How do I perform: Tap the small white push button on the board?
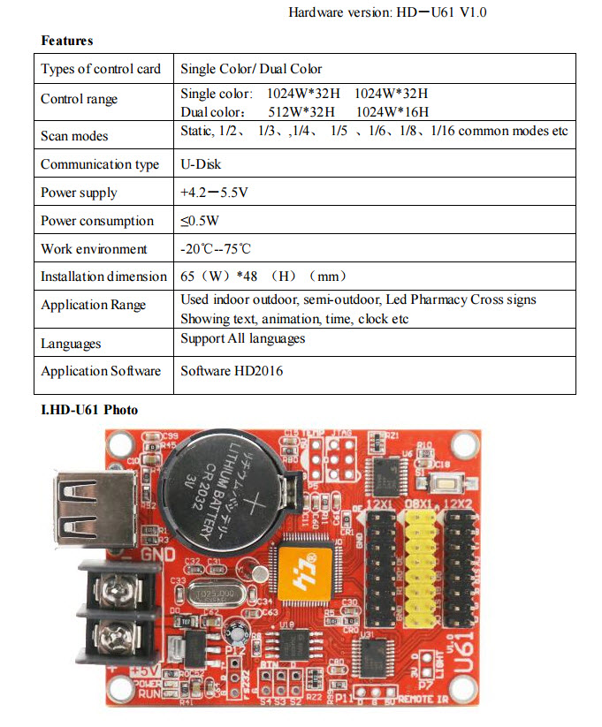click(442, 482)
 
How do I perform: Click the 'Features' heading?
click(66, 41)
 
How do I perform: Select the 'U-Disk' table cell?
click(201, 164)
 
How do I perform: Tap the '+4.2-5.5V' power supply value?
click(214, 193)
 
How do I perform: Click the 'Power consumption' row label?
click(97, 221)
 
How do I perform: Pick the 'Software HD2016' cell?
click(232, 371)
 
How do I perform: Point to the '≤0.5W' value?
click(200, 221)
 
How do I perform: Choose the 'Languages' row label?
click(71, 343)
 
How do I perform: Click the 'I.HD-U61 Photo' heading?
click(89, 410)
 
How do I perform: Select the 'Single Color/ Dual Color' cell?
click(251, 69)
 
